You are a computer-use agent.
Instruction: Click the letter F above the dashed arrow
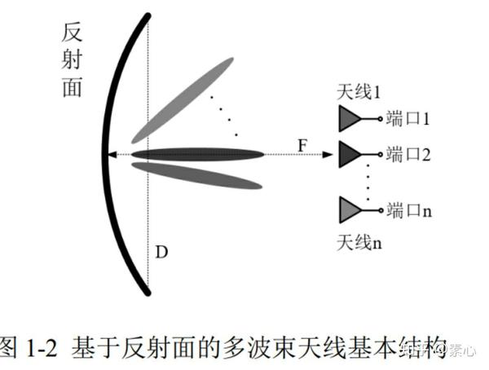click(x=303, y=144)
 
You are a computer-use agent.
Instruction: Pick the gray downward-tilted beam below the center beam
click(x=196, y=174)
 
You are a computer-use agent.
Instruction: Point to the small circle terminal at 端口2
click(x=381, y=153)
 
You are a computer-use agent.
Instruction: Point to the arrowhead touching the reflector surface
click(x=113, y=153)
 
